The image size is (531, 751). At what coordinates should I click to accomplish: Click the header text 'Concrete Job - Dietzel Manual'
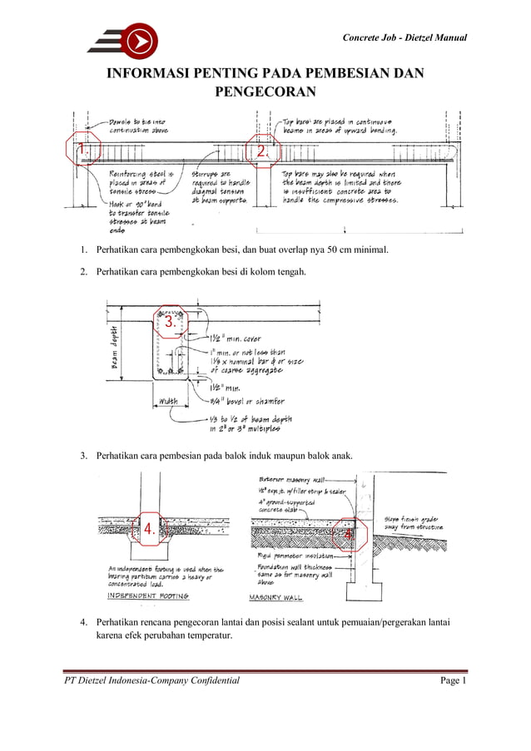(x=404, y=38)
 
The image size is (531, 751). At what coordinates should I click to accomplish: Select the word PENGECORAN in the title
(x=265, y=91)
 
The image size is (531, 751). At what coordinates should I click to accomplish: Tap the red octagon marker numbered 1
(x=82, y=149)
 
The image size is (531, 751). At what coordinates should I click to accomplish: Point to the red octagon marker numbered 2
(x=261, y=151)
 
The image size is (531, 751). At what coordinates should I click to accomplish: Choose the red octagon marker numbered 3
(x=171, y=321)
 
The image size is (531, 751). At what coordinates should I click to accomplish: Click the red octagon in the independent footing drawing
(x=150, y=529)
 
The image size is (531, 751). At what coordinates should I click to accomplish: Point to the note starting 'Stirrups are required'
(x=220, y=187)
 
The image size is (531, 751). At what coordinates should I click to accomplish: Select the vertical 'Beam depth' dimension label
(x=113, y=347)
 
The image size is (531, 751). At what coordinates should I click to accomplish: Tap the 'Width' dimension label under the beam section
(x=168, y=402)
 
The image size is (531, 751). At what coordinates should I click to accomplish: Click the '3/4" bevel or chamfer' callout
(x=246, y=401)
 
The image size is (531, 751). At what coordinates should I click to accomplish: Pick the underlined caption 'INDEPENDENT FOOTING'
(x=149, y=595)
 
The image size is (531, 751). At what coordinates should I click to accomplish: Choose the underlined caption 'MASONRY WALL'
(x=276, y=597)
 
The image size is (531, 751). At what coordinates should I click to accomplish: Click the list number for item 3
(x=83, y=456)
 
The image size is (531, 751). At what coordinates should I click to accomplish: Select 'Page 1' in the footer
(x=454, y=681)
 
